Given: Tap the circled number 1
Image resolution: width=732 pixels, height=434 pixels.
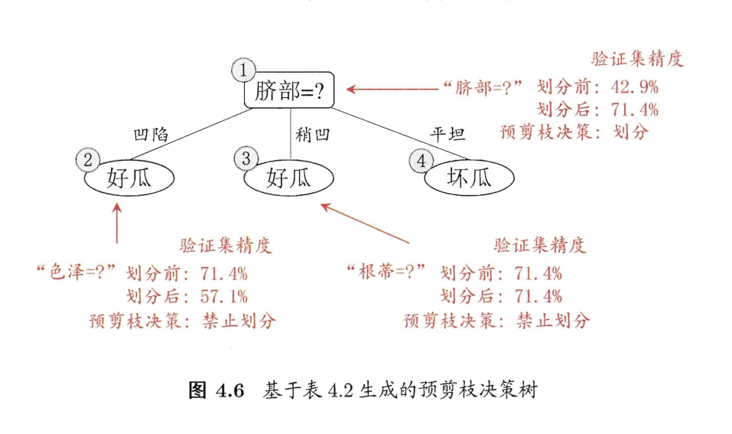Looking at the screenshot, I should coord(242,71).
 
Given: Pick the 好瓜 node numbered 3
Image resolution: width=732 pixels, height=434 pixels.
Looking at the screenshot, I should coord(289,178).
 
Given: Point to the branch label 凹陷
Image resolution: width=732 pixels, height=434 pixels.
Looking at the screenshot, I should coord(150,135).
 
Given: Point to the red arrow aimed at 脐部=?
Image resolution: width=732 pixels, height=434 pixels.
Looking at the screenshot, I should coord(392,88).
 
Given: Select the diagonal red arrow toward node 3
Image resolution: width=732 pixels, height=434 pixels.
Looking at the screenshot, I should coord(365,224).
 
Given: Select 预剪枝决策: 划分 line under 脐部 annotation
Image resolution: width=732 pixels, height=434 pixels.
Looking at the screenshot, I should coord(573,132).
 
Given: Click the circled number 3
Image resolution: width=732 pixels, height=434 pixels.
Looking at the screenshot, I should coord(246,158).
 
